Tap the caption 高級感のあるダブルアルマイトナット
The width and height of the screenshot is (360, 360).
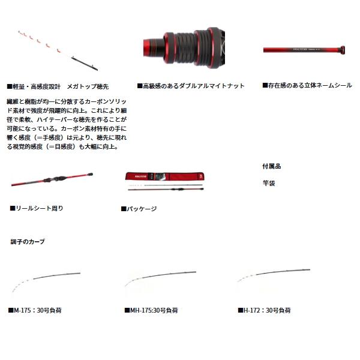191,86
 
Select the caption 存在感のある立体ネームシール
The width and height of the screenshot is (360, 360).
307,86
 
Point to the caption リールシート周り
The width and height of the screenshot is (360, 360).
37,208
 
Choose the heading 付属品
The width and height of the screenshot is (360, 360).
271,166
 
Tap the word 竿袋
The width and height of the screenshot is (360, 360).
268,183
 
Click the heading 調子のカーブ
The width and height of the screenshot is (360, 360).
28,242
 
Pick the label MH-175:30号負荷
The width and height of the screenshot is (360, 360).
149,310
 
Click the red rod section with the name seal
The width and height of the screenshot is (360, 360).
304,50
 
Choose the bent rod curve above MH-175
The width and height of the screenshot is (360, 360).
159,277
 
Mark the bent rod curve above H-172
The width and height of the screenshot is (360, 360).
273,277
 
